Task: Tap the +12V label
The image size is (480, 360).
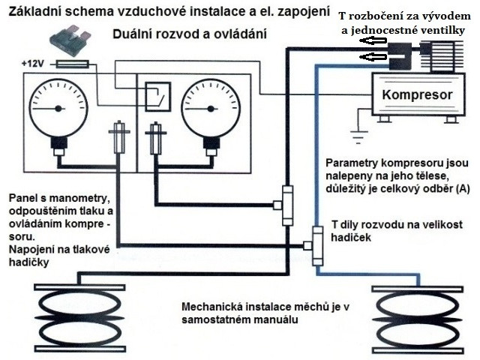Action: tap(33, 64)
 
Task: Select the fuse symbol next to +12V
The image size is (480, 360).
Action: tap(73, 64)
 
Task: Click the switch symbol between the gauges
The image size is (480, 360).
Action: tap(157, 97)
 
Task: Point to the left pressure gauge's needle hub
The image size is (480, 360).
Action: tap(58, 108)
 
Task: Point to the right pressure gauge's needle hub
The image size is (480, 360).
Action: tap(210, 109)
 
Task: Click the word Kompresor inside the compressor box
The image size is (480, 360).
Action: tap(417, 95)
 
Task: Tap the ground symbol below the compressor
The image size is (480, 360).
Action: tap(358, 137)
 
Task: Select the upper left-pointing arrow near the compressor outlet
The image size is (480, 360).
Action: tap(373, 40)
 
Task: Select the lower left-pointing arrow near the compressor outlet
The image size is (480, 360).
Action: tap(373, 56)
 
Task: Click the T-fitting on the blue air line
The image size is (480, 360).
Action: tap(315, 246)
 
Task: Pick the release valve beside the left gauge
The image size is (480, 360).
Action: tap(119, 137)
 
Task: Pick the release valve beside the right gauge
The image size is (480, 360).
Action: tap(156, 138)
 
